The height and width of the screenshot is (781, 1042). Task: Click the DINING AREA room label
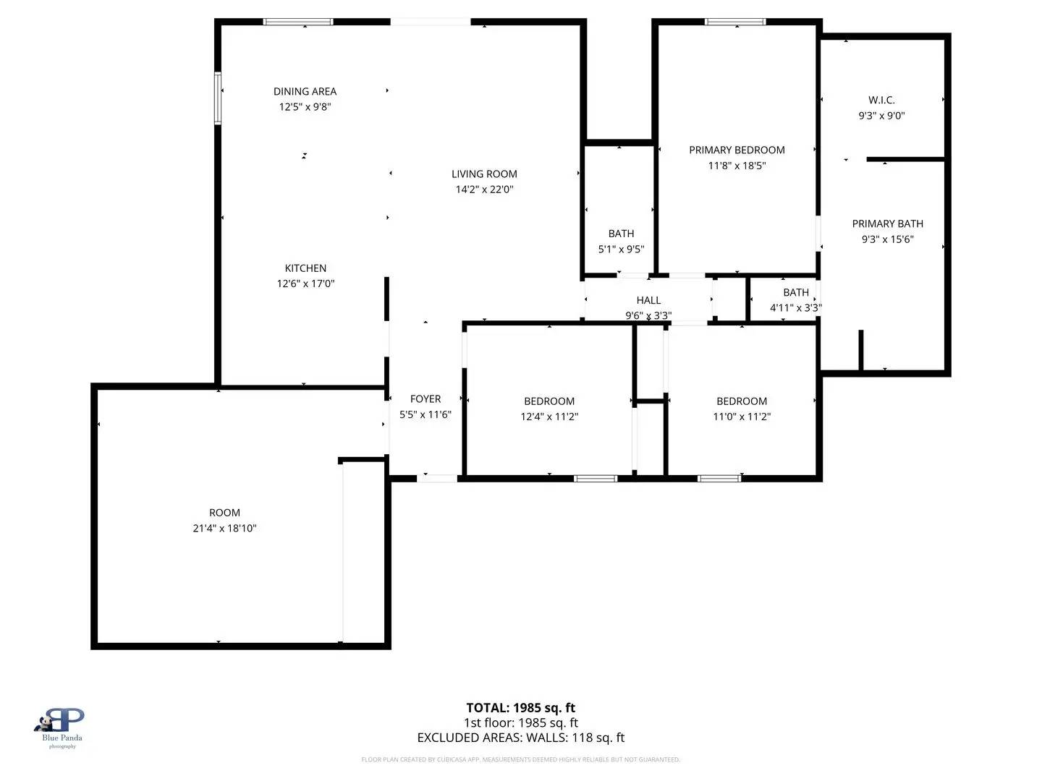(305, 91)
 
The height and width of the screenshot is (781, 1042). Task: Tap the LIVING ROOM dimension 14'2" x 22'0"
(484, 189)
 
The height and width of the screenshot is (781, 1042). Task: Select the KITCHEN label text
(305, 268)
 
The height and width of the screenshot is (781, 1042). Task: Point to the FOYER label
(425, 399)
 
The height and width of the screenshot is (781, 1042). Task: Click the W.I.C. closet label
(881, 101)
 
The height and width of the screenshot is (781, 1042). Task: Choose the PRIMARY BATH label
(887, 224)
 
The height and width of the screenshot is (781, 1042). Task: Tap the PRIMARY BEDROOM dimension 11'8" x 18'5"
(737, 166)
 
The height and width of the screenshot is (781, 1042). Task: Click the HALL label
(648, 300)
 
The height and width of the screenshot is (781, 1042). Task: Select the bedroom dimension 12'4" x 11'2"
(549, 417)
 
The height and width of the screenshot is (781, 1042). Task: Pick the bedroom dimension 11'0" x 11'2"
(742, 417)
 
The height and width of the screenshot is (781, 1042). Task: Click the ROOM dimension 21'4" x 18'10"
(224, 529)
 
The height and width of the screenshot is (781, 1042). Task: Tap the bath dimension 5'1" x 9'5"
(621, 249)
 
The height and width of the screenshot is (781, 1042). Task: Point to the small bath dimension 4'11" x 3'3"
(795, 308)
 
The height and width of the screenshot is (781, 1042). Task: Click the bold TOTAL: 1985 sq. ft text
(520, 708)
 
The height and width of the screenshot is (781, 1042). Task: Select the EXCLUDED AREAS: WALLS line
(520, 738)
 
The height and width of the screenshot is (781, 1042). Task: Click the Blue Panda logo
(62, 725)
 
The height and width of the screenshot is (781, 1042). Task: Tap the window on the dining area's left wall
(217, 98)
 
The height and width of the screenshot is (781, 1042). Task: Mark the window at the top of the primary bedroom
(735, 22)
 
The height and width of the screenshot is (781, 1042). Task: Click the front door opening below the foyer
(437, 478)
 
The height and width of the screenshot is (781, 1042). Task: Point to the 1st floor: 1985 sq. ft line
(520, 722)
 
